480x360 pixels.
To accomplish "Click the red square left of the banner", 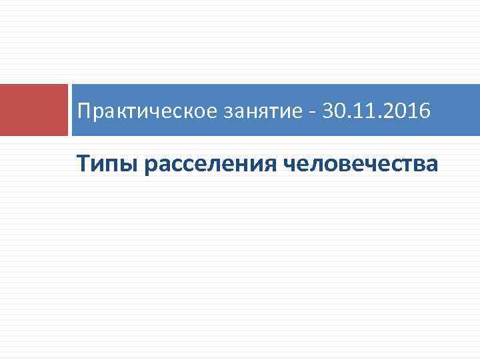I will [x=33, y=110].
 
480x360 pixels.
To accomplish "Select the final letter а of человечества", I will [x=433, y=164].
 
